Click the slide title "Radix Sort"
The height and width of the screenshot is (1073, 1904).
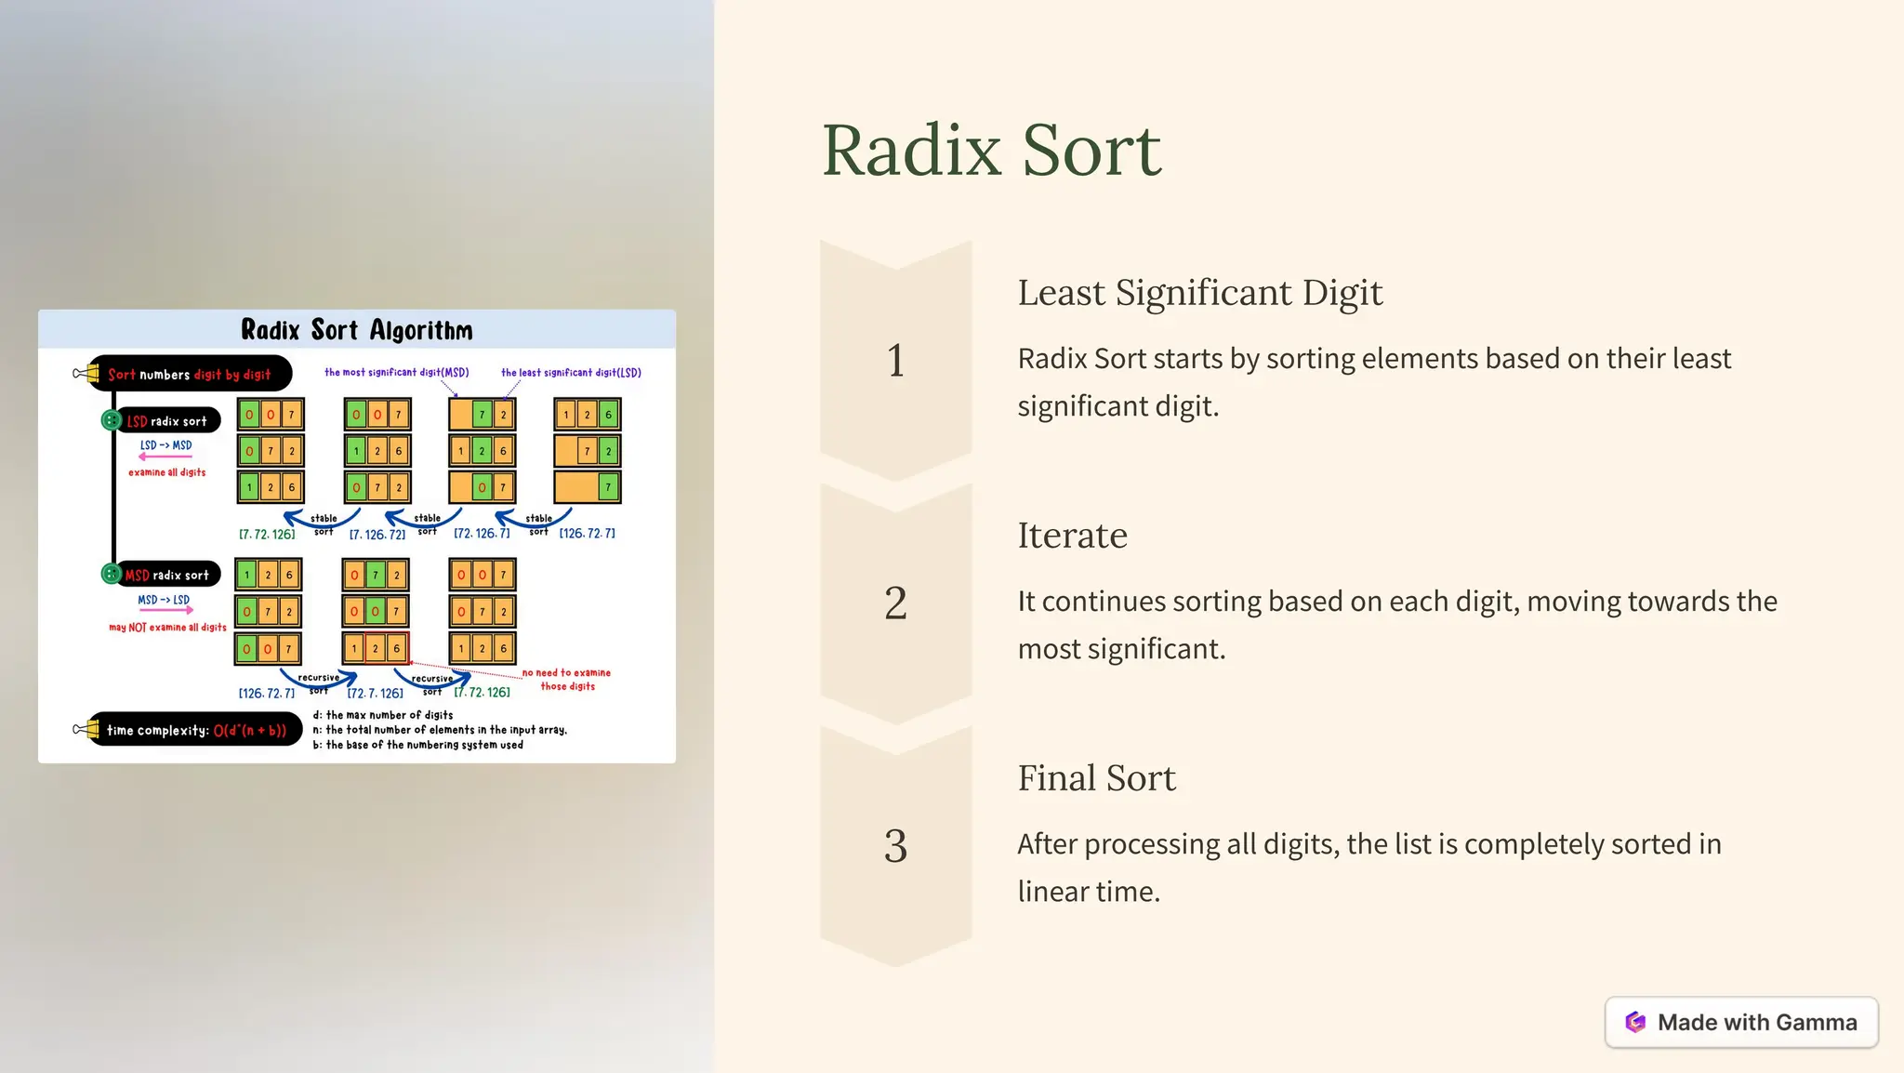[x=991, y=150]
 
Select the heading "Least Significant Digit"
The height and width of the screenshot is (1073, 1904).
[x=1199, y=293]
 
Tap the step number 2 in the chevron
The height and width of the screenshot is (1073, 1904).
[x=895, y=603]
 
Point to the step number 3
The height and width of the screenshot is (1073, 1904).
[x=895, y=846]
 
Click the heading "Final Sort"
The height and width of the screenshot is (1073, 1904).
[x=1096, y=778]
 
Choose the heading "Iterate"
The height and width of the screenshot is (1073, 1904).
[x=1072, y=536]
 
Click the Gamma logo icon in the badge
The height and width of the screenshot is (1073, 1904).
[x=1635, y=1023]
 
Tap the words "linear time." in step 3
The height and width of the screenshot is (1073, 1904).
[x=1089, y=892]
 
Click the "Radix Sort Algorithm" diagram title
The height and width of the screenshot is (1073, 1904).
[x=357, y=330]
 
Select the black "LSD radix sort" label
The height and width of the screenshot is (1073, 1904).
[x=167, y=421]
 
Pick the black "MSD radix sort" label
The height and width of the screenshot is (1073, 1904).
[x=167, y=576]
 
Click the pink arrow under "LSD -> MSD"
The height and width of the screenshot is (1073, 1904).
[x=165, y=457]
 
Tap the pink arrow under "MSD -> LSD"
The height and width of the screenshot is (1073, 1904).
[x=165, y=611]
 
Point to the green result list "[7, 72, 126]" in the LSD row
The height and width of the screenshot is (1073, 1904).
[x=267, y=535]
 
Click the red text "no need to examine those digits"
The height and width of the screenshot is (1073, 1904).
[x=567, y=680]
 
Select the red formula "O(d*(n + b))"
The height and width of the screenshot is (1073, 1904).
[x=250, y=731]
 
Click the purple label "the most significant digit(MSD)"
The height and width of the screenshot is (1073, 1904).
[x=396, y=373]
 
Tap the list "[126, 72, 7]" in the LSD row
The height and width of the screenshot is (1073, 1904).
[x=587, y=534]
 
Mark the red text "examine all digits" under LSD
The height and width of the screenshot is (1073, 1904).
[x=167, y=472]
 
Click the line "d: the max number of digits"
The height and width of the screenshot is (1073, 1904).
[x=383, y=715]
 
